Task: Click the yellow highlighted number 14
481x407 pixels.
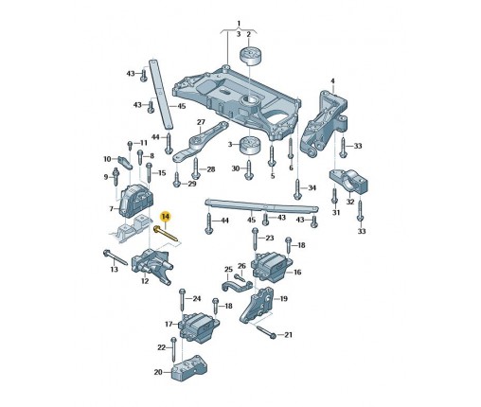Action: (166, 217)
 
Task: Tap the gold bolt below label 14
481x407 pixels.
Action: (166, 235)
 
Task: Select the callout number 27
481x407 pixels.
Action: (201, 122)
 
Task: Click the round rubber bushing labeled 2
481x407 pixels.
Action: (249, 57)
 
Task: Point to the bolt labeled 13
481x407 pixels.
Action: (116, 257)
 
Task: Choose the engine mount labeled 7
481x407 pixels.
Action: (136, 201)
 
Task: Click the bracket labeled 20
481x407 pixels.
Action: (189, 368)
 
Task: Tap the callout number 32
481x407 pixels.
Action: (350, 202)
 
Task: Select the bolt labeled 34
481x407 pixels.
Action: (297, 189)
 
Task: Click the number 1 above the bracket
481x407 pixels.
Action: (239, 24)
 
